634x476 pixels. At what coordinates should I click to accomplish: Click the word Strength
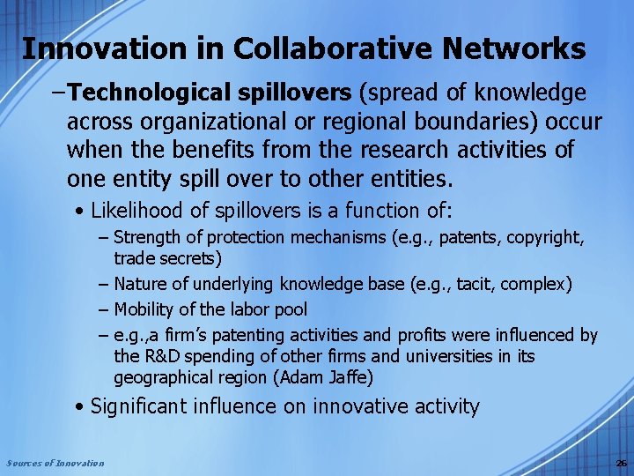(x=146, y=237)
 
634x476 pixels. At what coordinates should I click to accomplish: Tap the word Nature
(x=138, y=284)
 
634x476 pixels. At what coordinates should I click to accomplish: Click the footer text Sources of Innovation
(x=55, y=463)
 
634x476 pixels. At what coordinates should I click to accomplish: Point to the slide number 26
(x=620, y=463)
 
